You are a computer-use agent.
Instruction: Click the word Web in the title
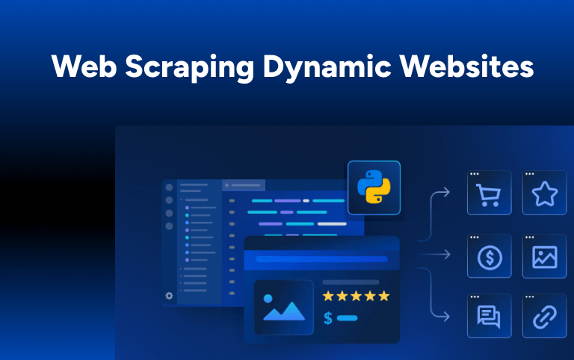click(84, 66)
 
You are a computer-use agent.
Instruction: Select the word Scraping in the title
click(190, 68)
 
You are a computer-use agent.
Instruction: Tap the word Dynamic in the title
click(327, 68)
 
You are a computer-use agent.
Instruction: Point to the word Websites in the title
click(466, 66)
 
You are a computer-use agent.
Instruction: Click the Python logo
click(374, 187)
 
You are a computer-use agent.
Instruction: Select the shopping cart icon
click(488, 195)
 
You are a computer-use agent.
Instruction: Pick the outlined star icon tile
click(544, 193)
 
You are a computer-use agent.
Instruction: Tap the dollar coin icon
click(490, 258)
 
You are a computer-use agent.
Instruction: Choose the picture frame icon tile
click(544, 256)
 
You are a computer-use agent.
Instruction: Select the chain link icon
click(544, 317)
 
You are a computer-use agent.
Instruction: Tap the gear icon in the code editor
click(169, 296)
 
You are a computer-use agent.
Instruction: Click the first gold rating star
click(328, 296)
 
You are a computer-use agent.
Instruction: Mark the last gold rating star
click(384, 296)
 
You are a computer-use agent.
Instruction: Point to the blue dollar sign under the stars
click(328, 318)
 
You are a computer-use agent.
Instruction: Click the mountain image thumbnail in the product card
click(284, 307)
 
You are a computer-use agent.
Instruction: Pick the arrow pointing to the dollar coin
click(433, 254)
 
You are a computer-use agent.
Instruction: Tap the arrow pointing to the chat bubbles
click(431, 293)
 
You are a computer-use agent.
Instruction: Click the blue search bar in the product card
click(321, 259)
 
